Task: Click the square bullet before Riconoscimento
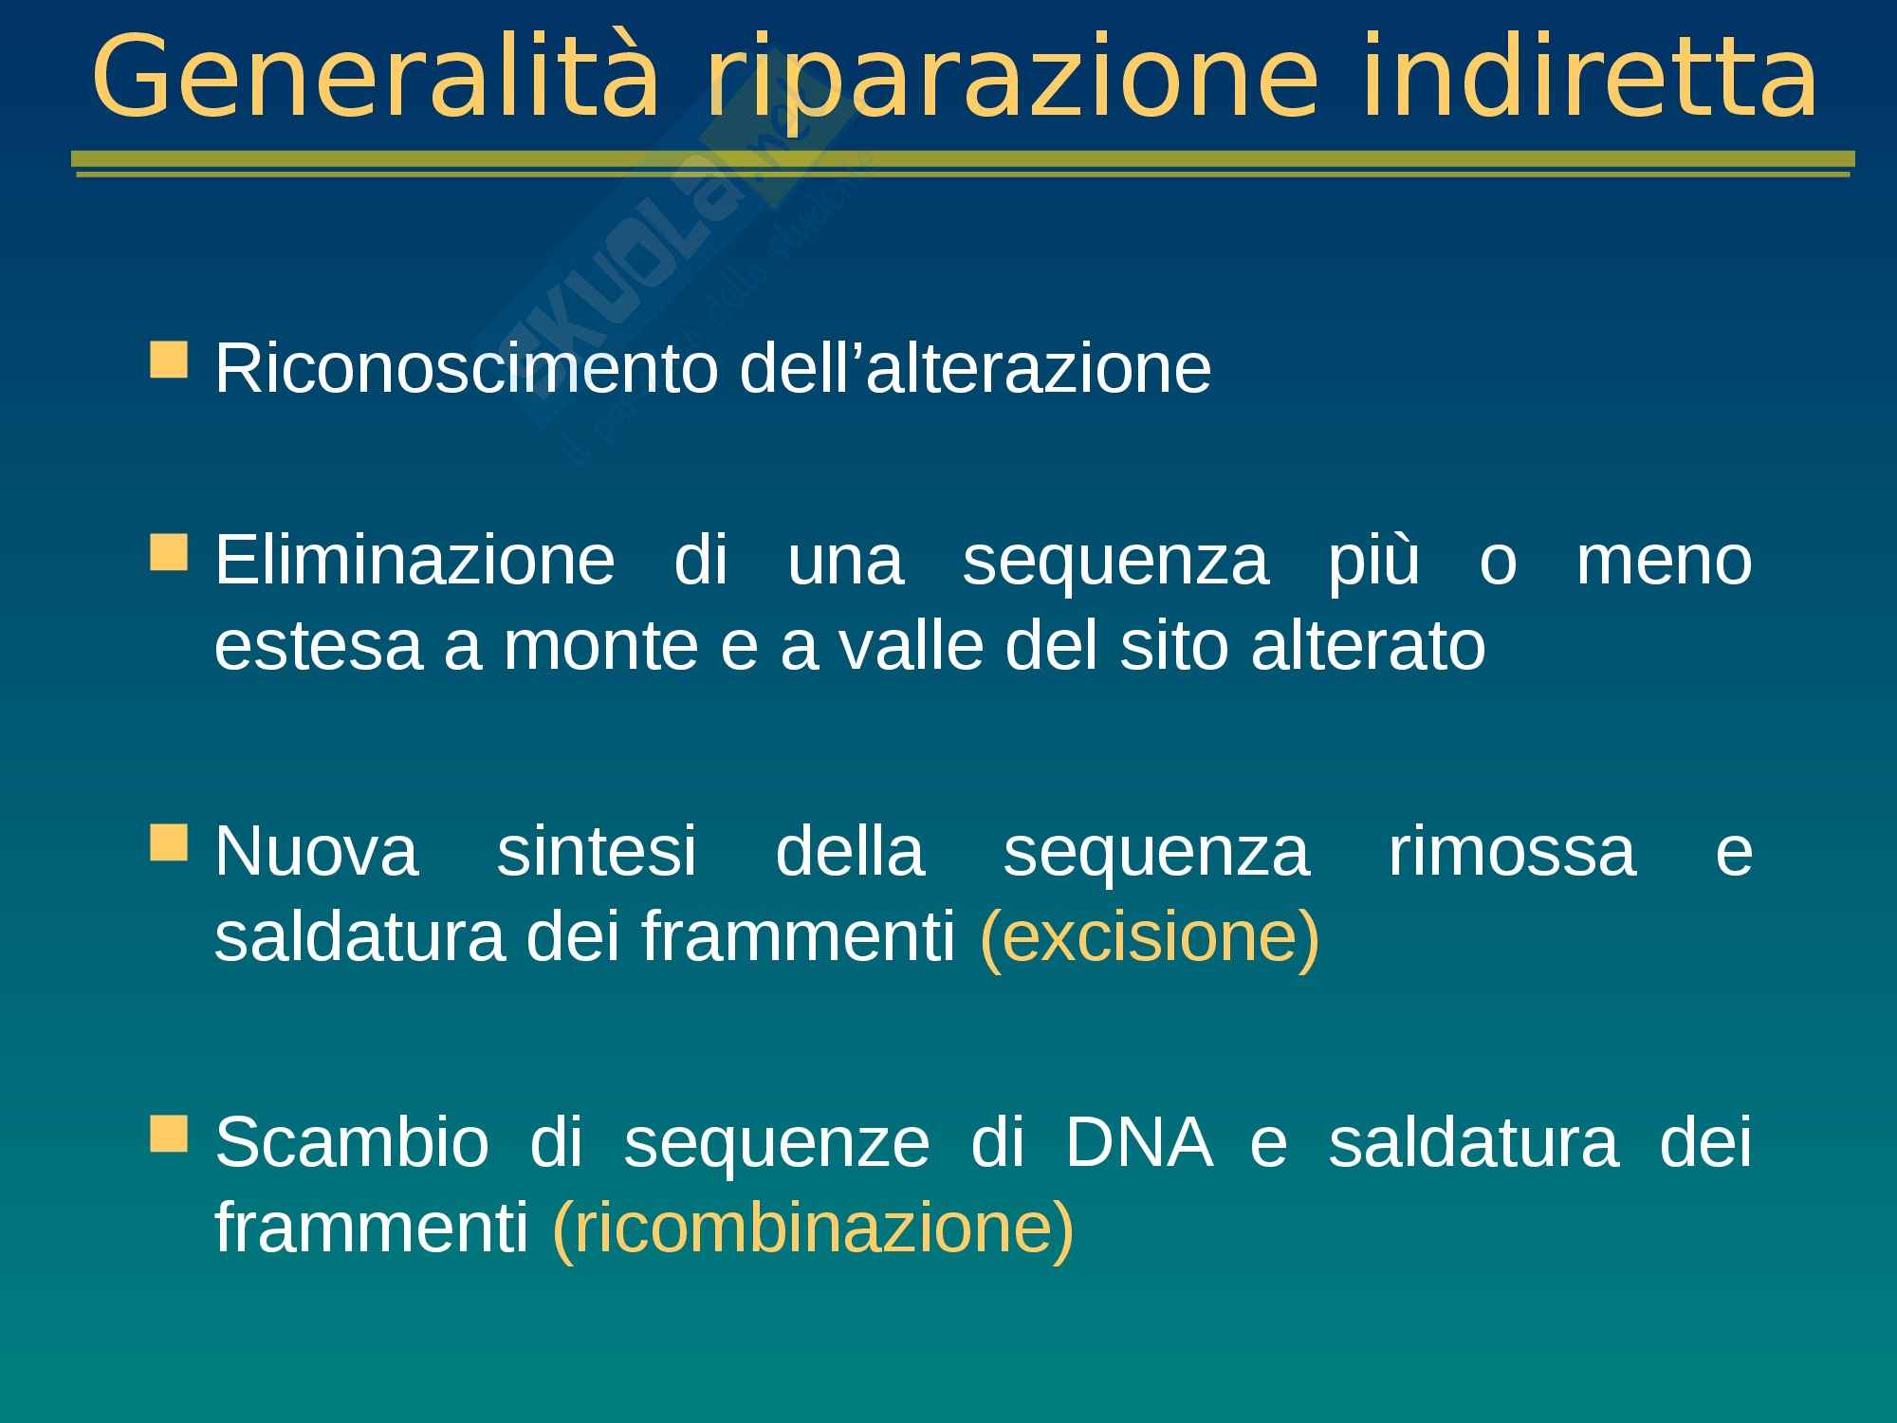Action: [168, 360]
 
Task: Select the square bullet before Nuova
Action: [168, 841]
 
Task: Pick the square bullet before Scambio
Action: [168, 1133]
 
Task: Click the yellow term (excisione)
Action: [1150, 938]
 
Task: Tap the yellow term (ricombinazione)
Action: [813, 1229]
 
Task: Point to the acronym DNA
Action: [1138, 1141]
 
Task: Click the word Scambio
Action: [352, 1141]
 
